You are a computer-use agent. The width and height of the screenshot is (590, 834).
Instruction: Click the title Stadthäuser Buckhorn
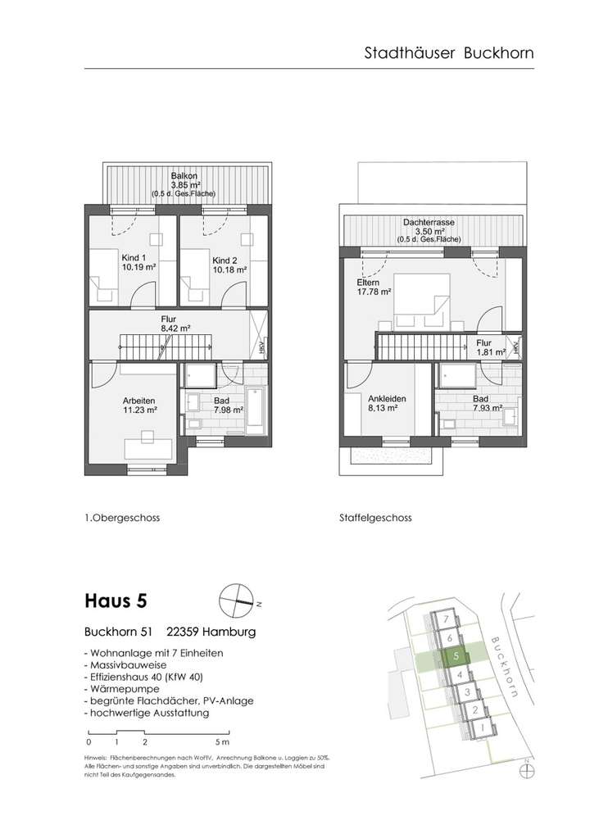coord(448,53)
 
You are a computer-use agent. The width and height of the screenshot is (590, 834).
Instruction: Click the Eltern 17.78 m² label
coord(373,286)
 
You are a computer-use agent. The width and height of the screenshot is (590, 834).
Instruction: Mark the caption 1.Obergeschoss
coord(122,519)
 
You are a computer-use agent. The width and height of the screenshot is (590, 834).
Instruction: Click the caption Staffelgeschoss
coord(374,519)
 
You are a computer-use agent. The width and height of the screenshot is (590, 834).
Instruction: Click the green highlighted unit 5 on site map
coord(456,655)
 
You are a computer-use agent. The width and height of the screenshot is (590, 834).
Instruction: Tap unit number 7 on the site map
coord(444,619)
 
